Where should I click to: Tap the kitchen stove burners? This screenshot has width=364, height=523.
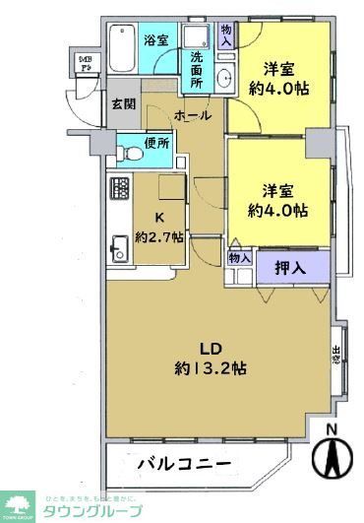tap(118, 188)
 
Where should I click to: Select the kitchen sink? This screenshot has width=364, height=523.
tap(117, 246)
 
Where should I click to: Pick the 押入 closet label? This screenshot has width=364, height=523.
tap(290, 266)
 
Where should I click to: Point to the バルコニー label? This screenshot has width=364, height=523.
tap(184, 462)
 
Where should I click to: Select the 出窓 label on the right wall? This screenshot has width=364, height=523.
tap(334, 355)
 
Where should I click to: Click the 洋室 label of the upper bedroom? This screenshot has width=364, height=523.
tap(281, 69)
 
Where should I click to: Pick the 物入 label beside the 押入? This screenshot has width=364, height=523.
tap(239, 258)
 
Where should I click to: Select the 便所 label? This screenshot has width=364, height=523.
tap(157, 144)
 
